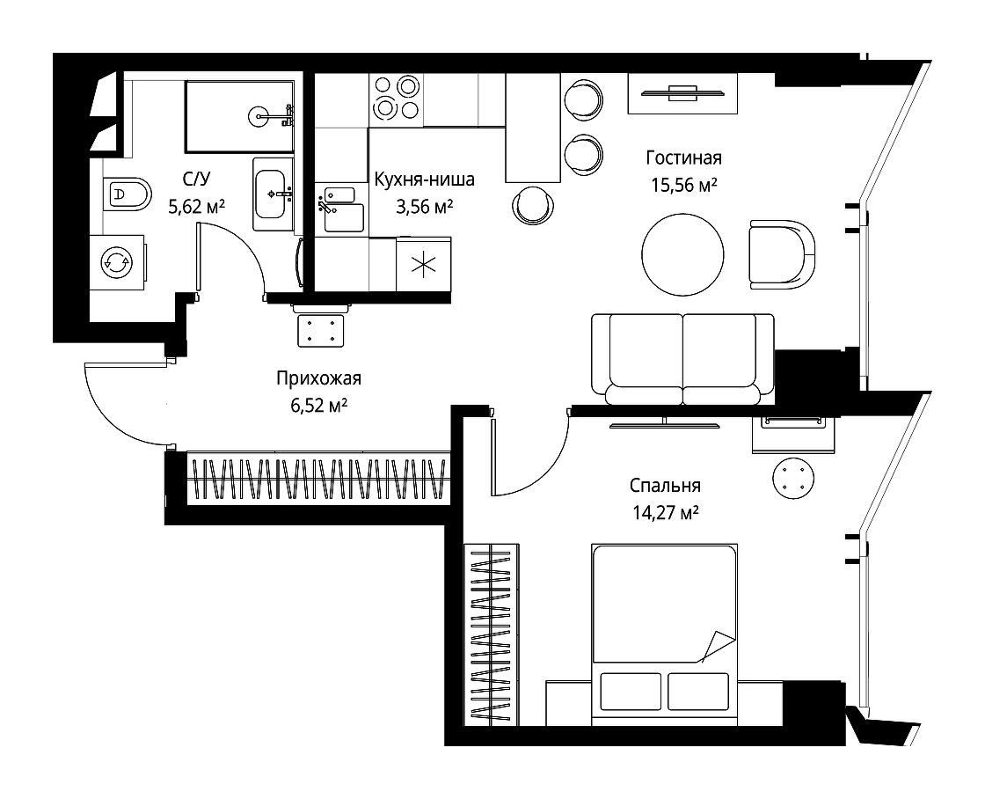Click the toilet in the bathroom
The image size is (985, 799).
pyautogui.click(x=127, y=194)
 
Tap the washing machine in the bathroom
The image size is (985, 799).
pyautogui.click(x=118, y=262)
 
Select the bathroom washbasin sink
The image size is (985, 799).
pyautogui.click(x=273, y=194)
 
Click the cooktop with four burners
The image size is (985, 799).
pyautogui.click(x=396, y=98)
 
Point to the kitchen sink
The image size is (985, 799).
pyautogui.click(x=343, y=209)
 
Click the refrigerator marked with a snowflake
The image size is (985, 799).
pyautogui.click(x=423, y=264)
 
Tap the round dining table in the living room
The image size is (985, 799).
pyautogui.click(x=682, y=254)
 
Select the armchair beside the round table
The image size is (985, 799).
pyautogui.click(x=782, y=254)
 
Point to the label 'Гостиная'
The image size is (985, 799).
pyautogui.click(x=683, y=158)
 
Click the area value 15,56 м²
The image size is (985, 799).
pyautogui.click(x=684, y=186)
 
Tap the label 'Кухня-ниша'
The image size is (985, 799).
pyautogui.click(x=424, y=180)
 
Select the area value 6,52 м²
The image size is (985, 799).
pyautogui.click(x=318, y=407)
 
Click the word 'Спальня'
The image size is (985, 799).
pyautogui.click(x=665, y=486)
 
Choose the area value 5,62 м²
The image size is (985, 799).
pyautogui.click(x=197, y=206)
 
